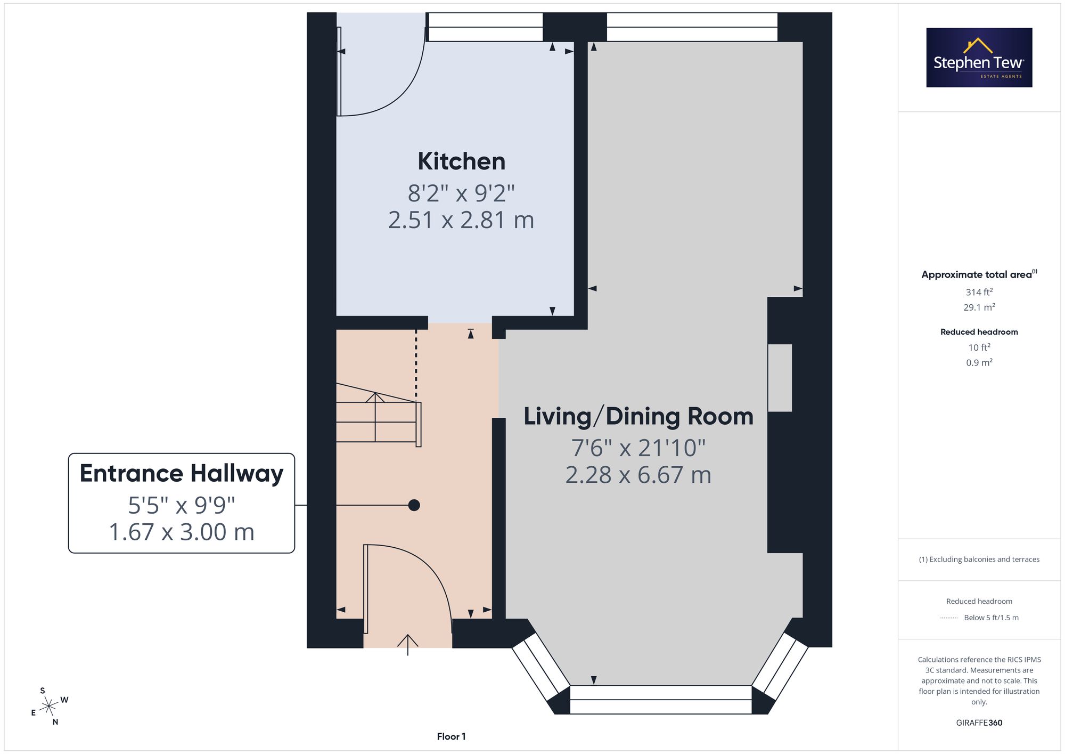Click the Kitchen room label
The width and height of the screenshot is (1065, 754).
(461, 161)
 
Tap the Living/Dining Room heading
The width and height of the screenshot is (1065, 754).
(638, 416)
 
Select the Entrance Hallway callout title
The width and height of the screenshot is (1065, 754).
(182, 474)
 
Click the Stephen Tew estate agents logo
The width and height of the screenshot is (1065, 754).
(979, 58)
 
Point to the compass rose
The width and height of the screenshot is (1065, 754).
(49, 707)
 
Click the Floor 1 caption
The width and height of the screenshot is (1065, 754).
(451, 736)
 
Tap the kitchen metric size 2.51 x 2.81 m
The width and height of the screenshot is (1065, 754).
(461, 220)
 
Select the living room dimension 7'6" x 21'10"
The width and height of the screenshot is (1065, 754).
(638, 448)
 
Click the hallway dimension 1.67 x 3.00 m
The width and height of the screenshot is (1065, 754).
(182, 532)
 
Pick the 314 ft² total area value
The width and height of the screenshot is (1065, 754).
(979, 292)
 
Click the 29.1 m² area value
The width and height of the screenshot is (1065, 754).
(979, 307)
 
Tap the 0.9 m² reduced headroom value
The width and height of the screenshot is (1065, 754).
(979, 362)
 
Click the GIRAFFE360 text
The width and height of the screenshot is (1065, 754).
(979, 723)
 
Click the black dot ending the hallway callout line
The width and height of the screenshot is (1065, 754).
(414, 505)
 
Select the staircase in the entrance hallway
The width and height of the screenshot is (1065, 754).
(379, 415)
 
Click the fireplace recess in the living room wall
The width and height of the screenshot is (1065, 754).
(780, 378)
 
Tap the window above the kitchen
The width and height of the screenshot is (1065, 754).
(486, 27)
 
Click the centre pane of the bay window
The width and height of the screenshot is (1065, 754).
(660, 700)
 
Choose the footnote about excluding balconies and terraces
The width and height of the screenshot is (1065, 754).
(979, 560)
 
